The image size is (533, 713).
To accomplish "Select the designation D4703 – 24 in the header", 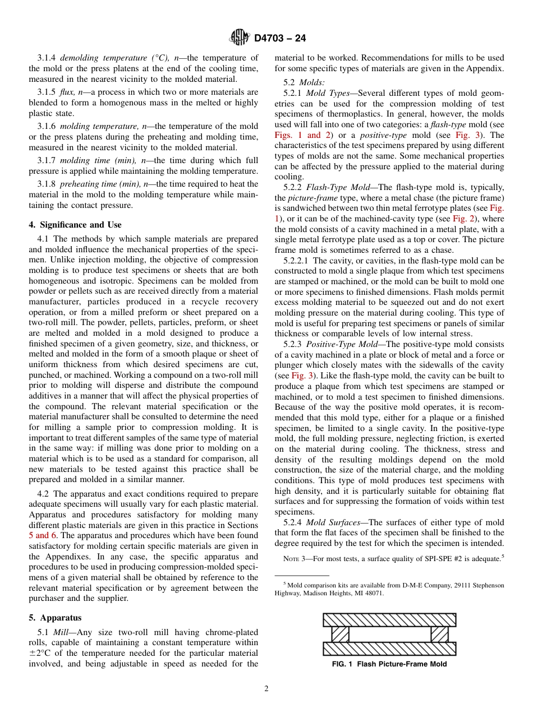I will pyautogui.click(x=280, y=38).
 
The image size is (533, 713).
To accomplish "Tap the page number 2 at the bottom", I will pyautogui.click(x=266, y=689).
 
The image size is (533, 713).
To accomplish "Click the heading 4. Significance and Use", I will pyautogui.click(x=75, y=225).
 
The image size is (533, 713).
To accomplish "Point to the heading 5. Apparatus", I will pyautogui.click(x=55, y=618).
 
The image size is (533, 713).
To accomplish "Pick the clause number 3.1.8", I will pyautogui.click(x=48, y=184).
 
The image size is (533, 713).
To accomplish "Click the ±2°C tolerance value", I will pyautogui.click(x=40, y=653).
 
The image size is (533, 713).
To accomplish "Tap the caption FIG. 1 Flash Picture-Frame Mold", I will pyautogui.click(x=389, y=664).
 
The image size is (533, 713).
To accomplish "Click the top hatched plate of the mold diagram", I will pyautogui.click(x=389, y=619).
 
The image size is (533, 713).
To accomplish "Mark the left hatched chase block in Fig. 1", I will pyautogui.click(x=340, y=634).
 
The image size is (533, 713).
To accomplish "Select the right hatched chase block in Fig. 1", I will pyautogui.click(x=439, y=634).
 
